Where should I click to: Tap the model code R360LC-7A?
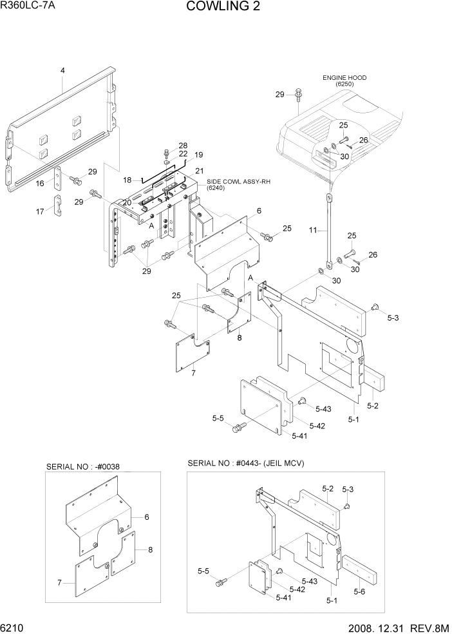click(x=30, y=7)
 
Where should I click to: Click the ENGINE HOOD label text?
click(x=344, y=78)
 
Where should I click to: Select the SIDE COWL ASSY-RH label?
click(x=238, y=182)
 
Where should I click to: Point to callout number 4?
click(x=62, y=70)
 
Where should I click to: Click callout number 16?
click(x=40, y=184)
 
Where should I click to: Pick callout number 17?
click(x=40, y=211)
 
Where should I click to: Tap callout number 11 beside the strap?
click(x=314, y=229)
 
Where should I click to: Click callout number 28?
click(x=184, y=145)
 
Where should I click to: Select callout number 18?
click(x=127, y=180)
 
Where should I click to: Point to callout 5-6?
click(x=360, y=591)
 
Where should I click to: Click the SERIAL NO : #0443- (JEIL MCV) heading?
click(x=245, y=463)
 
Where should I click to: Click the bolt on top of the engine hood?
click(x=299, y=95)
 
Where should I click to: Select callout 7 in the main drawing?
click(x=193, y=372)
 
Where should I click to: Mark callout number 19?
click(x=198, y=155)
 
